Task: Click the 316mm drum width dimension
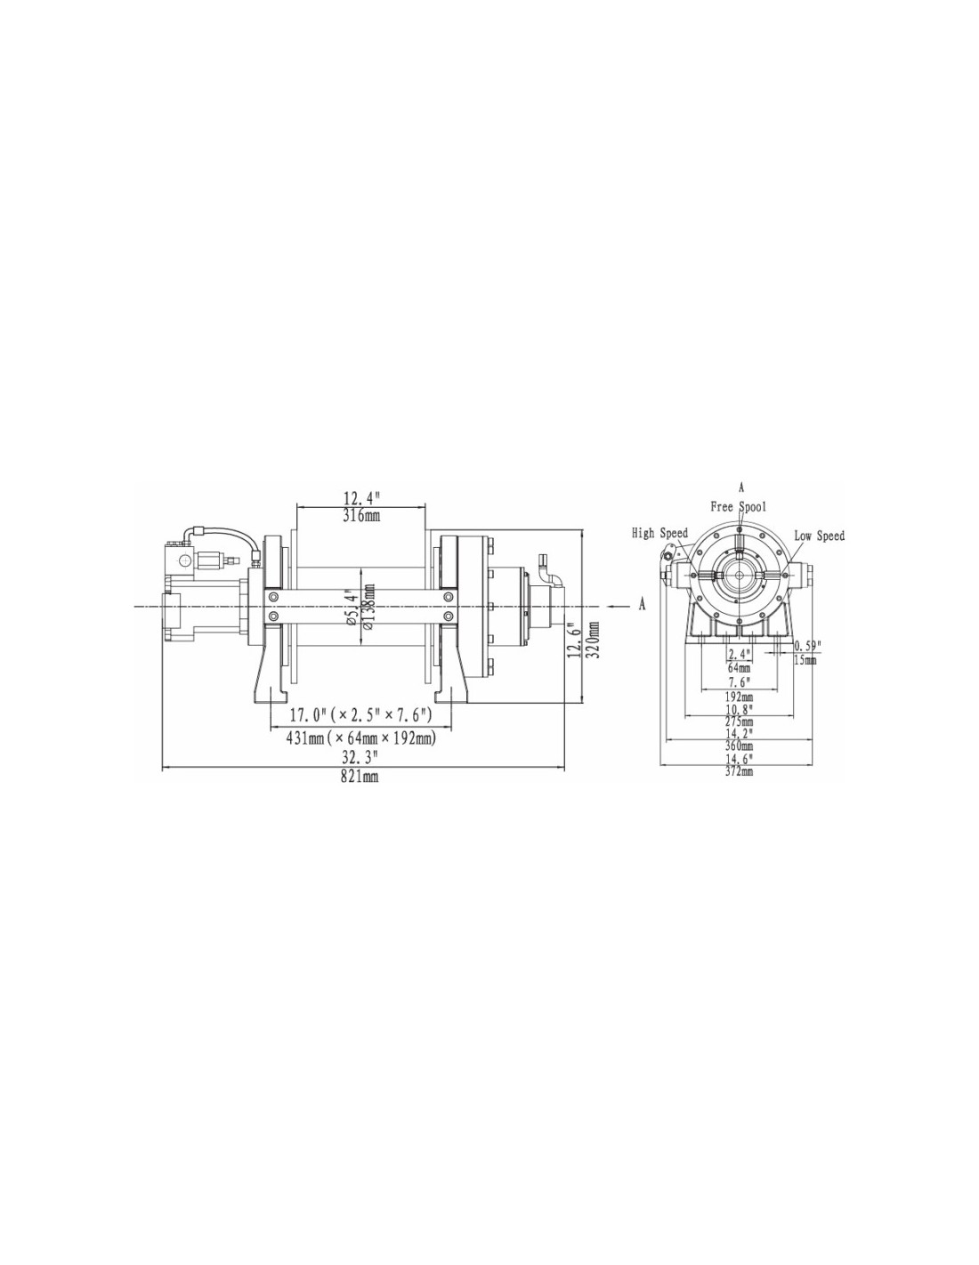[x=361, y=515]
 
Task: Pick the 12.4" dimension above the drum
[x=361, y=499]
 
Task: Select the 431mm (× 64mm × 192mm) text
[x=361, y=738]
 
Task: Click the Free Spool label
[x=738, y=506]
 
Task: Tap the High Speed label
[x=659, y=533]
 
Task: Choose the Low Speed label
[x=819, y=535]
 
